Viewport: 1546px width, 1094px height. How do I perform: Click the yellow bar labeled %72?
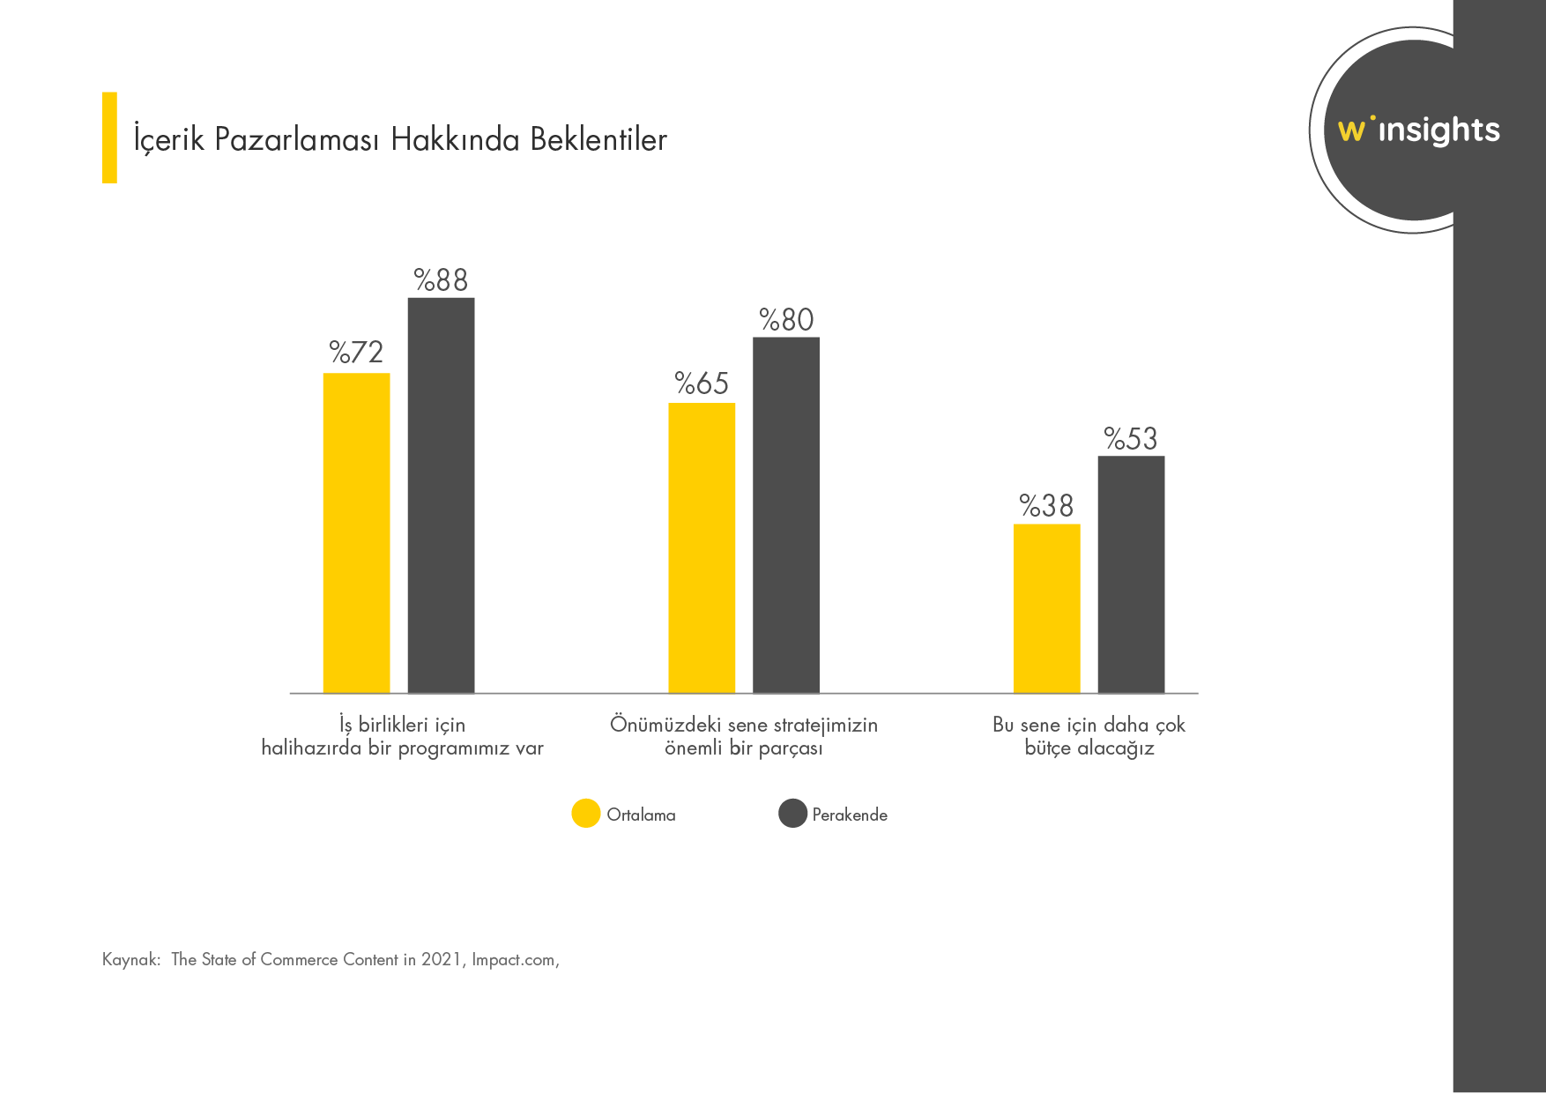click(356, 533)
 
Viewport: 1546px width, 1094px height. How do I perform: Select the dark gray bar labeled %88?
click(441, 495)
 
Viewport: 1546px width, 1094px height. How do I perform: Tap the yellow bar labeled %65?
click(702, 548)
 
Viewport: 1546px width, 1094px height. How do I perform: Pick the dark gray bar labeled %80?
click(786, 516)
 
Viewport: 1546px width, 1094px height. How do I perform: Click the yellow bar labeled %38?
click(1046, 608)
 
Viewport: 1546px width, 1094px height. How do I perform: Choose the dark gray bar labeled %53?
click(1131, 575)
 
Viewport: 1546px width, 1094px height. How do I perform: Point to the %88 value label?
click(441, 280)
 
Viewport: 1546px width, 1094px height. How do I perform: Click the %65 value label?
click(702, 383)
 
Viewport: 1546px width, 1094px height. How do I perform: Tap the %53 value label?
click(1131, 439)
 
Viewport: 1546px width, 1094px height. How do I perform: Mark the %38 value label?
click(1046, 506)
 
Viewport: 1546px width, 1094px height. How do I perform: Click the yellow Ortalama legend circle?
click(586, 814)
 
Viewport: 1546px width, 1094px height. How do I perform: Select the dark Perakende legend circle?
click(792, 814)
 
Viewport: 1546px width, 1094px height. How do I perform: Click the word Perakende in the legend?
click(850, 815)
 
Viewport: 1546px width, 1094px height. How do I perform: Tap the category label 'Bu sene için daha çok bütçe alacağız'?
click(1089, 737)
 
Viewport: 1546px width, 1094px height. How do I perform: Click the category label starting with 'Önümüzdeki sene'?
click(744, 737)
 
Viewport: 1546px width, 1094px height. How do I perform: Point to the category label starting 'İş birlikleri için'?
click(403, 737)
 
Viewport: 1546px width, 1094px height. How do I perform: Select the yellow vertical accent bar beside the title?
click(109, 138)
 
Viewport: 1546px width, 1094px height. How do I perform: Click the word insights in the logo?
click(1438, 131)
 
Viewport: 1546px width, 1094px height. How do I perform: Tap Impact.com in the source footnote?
click(515, 960)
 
